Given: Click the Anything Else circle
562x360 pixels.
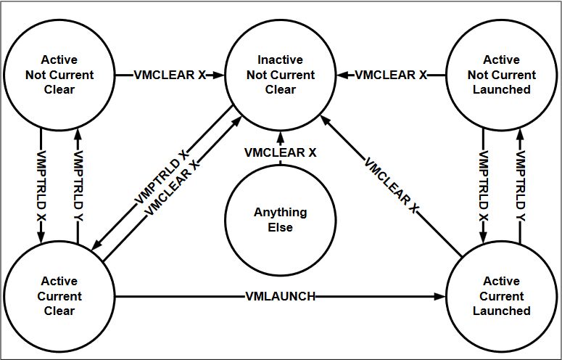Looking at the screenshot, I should [x=280, y=220].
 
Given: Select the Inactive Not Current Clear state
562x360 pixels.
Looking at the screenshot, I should [x=280, y=75].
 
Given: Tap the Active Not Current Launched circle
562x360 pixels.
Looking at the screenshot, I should [x=501, y=75].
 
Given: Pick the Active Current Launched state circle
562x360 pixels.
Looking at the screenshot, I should [x=501, y=296].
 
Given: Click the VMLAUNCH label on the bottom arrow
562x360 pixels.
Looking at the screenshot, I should [x=280, y=296].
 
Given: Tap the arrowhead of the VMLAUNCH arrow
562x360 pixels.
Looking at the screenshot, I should [x=441, y=296].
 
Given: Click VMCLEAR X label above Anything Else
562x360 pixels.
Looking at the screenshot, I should [x=280, y=153].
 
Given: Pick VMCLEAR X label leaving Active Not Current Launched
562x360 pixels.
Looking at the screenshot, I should [x=390, y=75].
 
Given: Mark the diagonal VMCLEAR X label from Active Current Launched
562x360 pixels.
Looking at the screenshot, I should [x=392, y=186].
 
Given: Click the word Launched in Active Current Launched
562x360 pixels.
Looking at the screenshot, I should [x=501, y=311].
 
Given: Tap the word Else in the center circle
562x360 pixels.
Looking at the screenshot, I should [x=280, y=227].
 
